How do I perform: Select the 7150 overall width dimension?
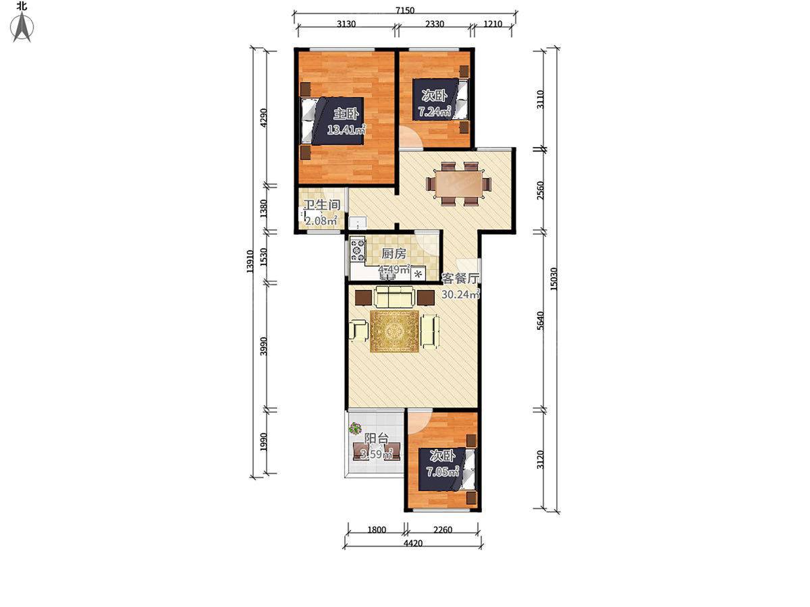coord(405,10)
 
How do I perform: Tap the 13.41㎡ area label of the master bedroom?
coord(346,129)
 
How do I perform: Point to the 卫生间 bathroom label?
coord(321,205)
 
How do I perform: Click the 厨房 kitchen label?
coord(394,254)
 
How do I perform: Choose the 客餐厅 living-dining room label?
coord(460,279)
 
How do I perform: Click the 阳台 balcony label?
coord(377,438)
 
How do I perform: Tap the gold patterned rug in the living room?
coord(394,331)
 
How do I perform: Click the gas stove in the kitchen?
coord(357,250)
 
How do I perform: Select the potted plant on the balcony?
coord(355,428)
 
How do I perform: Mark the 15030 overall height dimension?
coord(553,279)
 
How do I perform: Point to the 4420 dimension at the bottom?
coord(412,543)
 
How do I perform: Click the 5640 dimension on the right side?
coord(540,320)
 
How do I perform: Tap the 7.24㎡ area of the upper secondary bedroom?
coord(435,111)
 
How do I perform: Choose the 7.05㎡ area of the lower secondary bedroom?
coord(442,471)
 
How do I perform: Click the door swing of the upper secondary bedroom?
coord(410,138)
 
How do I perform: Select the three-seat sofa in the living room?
coord(394,297)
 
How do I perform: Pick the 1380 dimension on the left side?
coord(263,209)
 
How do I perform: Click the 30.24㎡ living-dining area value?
coord(461,294)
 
